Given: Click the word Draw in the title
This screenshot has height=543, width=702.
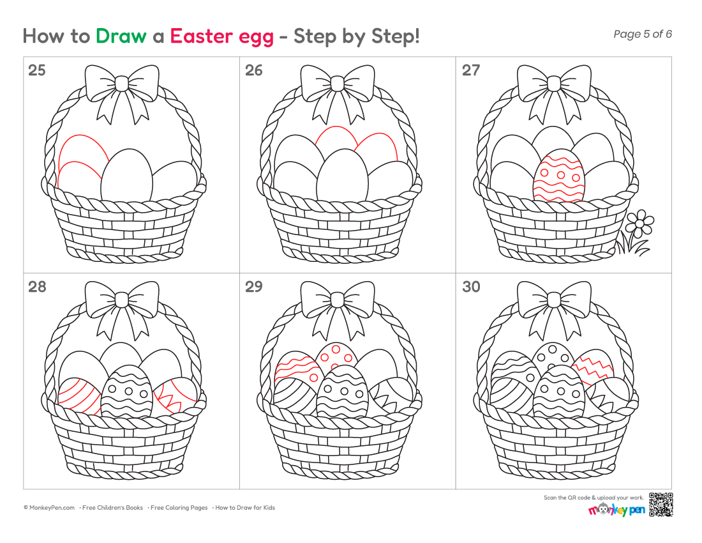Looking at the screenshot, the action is tap(121, 36).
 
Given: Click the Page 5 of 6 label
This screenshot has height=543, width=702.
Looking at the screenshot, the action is tap(643, 34).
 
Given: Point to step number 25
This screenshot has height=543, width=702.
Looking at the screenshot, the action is tap(37, 70).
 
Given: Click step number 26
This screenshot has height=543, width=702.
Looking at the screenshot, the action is tap(254, 70).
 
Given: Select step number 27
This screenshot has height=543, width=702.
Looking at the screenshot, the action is tap(471, 70).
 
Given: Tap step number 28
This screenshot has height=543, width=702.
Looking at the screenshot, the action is tap(37, 287).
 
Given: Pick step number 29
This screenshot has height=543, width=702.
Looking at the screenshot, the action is tap(254, 287).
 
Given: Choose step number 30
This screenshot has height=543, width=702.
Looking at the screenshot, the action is tap(471, 287).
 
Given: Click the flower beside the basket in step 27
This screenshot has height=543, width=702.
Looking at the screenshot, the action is tap(639, 223).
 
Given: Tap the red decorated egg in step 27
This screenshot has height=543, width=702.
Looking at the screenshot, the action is tap(559, 176).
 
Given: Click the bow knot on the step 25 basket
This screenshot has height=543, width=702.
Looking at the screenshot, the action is tap(121, 84).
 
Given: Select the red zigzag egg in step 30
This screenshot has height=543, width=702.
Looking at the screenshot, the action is tap(593, 367).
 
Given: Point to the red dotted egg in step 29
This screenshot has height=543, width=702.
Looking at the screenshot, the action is tap(337, 356).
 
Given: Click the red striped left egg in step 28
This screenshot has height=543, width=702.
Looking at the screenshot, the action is tap(78, 395).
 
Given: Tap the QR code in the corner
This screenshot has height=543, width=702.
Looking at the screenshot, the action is tap(661, 505).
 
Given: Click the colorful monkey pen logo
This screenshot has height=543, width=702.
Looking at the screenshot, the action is tap(616, 509).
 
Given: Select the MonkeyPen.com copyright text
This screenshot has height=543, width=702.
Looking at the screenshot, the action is tap(49, 508).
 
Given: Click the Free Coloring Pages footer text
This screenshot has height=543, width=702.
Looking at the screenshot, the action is tap(179, 508).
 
